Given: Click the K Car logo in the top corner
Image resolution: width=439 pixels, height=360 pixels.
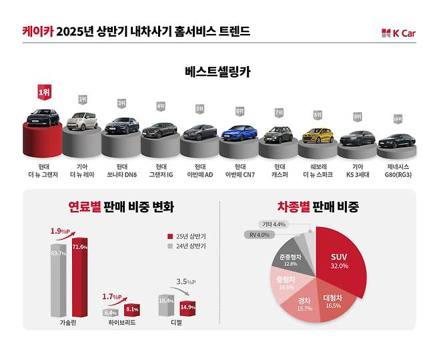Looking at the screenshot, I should (x=398, y=33).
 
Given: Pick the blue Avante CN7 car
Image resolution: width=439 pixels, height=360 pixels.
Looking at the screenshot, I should (x=239, y=134).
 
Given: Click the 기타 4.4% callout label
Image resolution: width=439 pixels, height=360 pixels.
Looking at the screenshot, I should (x=274, y=224).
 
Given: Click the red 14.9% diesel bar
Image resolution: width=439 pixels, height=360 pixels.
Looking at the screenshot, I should (x=187, y=308).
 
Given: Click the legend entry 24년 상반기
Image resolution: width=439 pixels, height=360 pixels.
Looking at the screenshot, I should (x=189, y=246).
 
